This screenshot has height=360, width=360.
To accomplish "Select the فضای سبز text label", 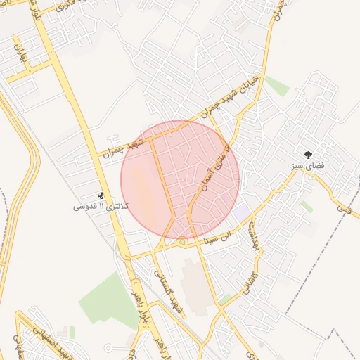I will pos(307,167).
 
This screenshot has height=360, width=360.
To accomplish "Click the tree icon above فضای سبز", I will pos(307,154).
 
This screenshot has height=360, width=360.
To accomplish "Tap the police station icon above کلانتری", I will pos(101,196).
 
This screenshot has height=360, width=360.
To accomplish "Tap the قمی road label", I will pos(343,207).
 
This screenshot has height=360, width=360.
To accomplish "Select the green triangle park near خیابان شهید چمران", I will pos(276,85).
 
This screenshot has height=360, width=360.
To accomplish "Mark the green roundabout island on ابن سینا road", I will pos(182,243).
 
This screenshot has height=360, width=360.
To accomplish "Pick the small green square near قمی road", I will pos(307,206).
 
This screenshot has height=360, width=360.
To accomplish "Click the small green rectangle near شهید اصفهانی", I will pos(72,332).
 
